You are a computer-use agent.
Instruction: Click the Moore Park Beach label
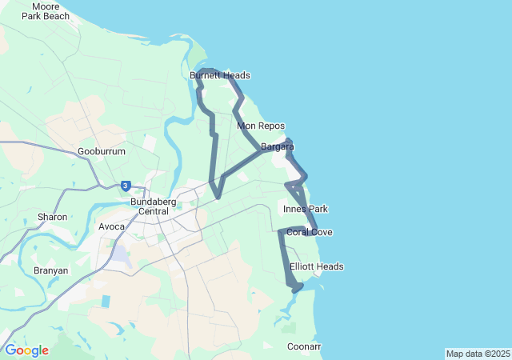[x=46, y=11]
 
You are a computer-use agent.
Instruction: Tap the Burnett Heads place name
[x=220, y=75]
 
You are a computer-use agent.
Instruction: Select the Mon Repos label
[x=261, y=126]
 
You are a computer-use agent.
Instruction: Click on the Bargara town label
[x=278, y=146]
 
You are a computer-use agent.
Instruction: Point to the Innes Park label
[x=306, y=209]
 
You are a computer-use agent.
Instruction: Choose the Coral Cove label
[x=310, y=232]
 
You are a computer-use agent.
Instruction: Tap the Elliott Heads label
[x=317, y=266]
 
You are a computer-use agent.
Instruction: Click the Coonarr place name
[x=304, y=346]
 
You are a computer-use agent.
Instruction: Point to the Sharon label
[x=52, y=217]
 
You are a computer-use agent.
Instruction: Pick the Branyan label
[x=50, y=270]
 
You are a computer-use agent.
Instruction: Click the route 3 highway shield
[x=126, y=186]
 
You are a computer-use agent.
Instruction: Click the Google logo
[x=26, y=350]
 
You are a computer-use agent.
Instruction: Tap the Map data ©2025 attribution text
[x=478, y=354]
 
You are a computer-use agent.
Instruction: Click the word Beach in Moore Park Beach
[x=56, y=16]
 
